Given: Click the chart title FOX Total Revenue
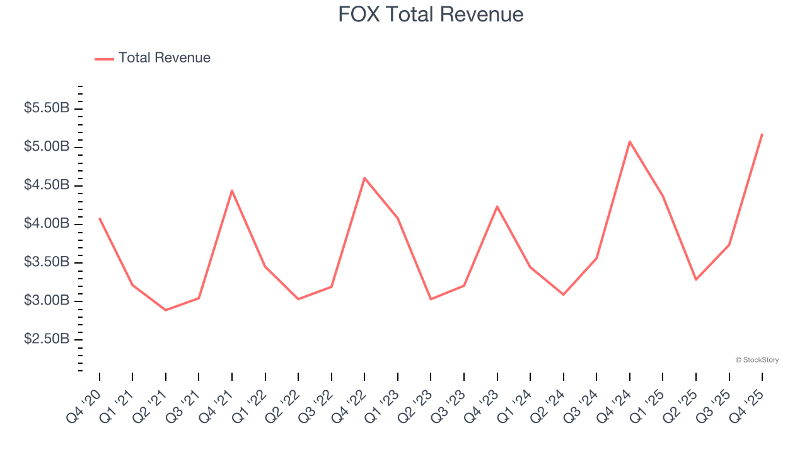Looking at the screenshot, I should point(431,15).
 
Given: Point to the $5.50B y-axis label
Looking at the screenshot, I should point(47,108).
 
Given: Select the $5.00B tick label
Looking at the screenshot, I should point(47,147).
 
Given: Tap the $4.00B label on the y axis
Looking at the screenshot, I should point(47,224).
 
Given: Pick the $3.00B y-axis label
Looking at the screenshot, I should point(47,301).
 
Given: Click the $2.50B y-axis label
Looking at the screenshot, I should point(47,339).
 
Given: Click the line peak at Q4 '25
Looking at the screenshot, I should point(762,134).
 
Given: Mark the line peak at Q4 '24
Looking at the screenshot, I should point(630,141).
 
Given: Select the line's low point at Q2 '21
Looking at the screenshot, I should point(166,310).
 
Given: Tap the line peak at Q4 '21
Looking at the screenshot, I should point(232,190).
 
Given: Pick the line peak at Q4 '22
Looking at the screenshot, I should point(364,178).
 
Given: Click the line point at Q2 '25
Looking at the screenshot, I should point(696,279).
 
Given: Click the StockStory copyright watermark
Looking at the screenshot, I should point(757,360).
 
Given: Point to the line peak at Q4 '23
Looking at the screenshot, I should point(497,206).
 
